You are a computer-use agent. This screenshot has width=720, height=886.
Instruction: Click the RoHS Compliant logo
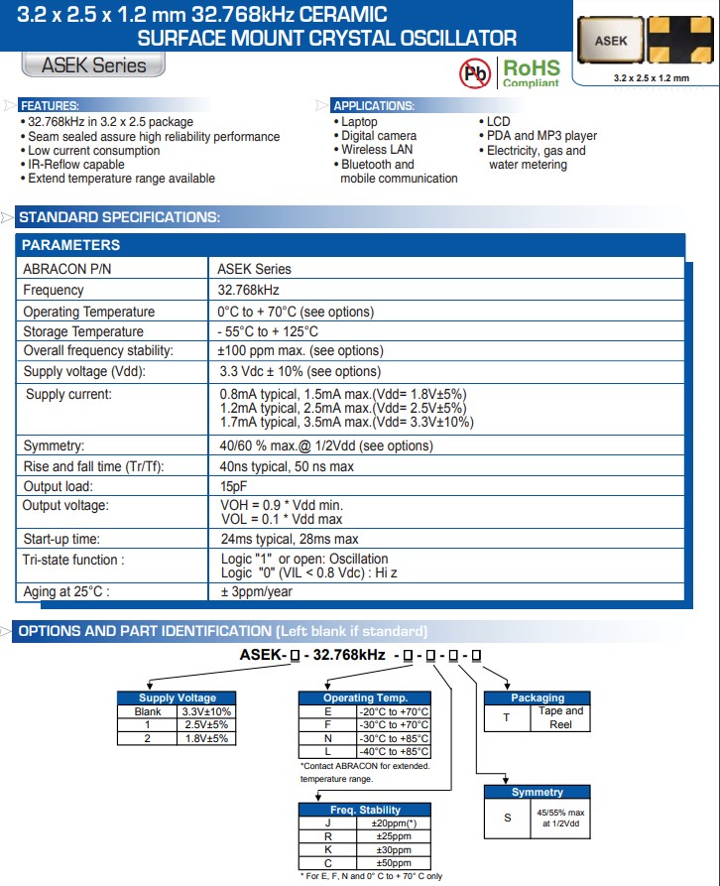pyautogui.click(x=531, y=72)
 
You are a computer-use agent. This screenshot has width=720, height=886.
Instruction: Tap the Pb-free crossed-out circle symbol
pyautogui.click(x=475, y=72)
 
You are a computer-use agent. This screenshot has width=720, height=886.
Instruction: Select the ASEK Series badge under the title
pyautogui.click(x=93, y=65)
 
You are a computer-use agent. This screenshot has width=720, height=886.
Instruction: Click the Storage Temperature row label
pyautogui.click(x=83, y=331)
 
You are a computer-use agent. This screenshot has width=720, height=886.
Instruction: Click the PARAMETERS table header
pyautogui.click(x=71, y=245)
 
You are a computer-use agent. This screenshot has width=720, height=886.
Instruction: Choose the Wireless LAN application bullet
pyautogui.click(x=377, y=150)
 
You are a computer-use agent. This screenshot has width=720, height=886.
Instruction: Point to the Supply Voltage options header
pyautogui.click(x=177, y=697)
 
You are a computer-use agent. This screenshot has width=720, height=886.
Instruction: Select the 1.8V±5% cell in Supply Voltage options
pyautogui.click(x=206, y=738)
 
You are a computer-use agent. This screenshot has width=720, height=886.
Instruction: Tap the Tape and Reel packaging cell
pyautogui.click(x=560, y=717)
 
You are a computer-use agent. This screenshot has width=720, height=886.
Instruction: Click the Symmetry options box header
pyautogui.click(x=537, y=792)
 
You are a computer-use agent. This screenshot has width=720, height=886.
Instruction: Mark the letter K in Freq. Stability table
pyautogui.click(x=326, y=849)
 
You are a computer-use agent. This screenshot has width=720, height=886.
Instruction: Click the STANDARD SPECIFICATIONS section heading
pyautogui.click(x=120, y=217)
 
